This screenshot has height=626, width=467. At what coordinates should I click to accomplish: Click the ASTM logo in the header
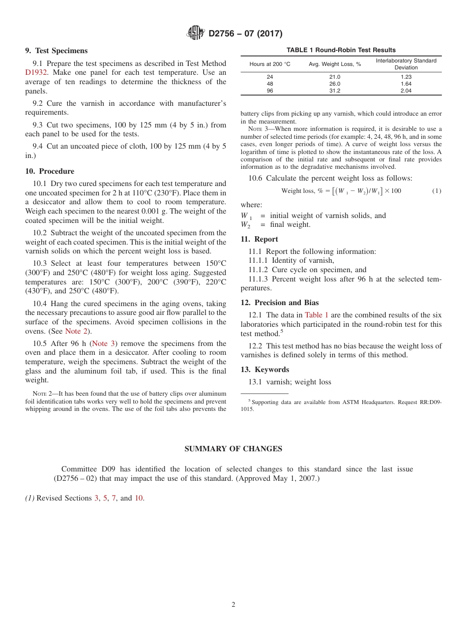click(196, 33)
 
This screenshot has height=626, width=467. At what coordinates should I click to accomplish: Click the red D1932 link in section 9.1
click(36, 72)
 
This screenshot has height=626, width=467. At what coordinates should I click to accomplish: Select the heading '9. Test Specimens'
click(56, 51)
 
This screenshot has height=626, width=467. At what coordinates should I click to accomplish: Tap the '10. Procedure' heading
click(50, 171)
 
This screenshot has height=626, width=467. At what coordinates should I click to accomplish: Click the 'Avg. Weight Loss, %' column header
click(335, 64)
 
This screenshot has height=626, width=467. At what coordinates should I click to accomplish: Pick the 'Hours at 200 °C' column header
click(270, 64)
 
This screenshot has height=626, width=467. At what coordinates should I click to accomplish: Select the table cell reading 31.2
click(334, 91)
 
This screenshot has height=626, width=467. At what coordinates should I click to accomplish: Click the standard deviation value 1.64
click(406, 84)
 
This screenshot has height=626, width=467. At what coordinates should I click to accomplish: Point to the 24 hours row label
click(270, 77)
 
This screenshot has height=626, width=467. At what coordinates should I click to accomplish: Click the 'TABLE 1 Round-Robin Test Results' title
click(341, 50)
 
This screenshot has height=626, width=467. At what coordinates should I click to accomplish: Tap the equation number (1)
click(437, 191)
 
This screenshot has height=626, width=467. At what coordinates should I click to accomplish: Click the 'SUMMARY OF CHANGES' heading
click(233, 449)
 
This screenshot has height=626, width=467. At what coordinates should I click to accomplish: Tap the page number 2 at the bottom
click(233, 605)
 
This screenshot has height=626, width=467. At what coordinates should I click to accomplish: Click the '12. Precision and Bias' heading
click(280, 303)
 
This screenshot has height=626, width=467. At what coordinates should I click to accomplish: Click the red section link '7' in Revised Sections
click(114, 498)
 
